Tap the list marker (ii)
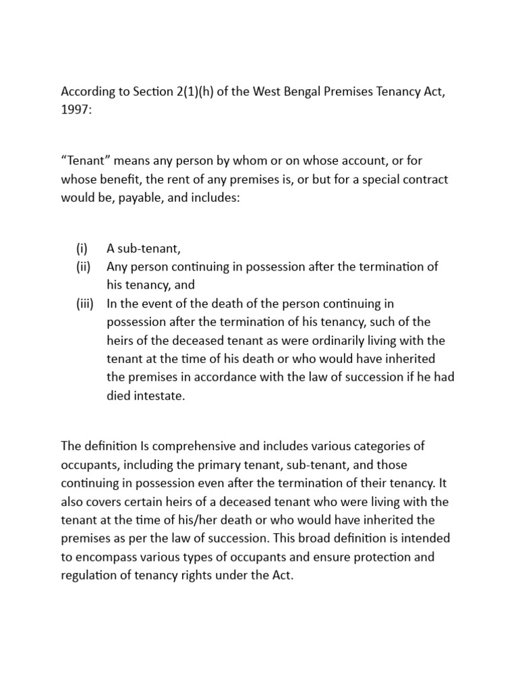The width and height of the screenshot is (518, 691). (x=83, y=267)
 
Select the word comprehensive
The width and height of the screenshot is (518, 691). (x=199, y=447)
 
